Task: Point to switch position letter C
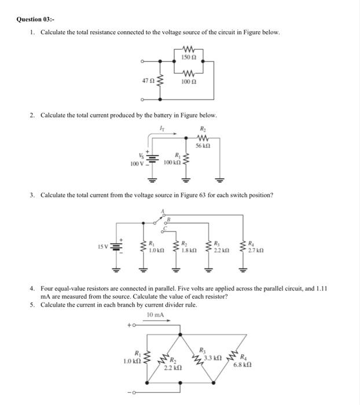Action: (164, 227)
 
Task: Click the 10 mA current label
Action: (156, 315)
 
